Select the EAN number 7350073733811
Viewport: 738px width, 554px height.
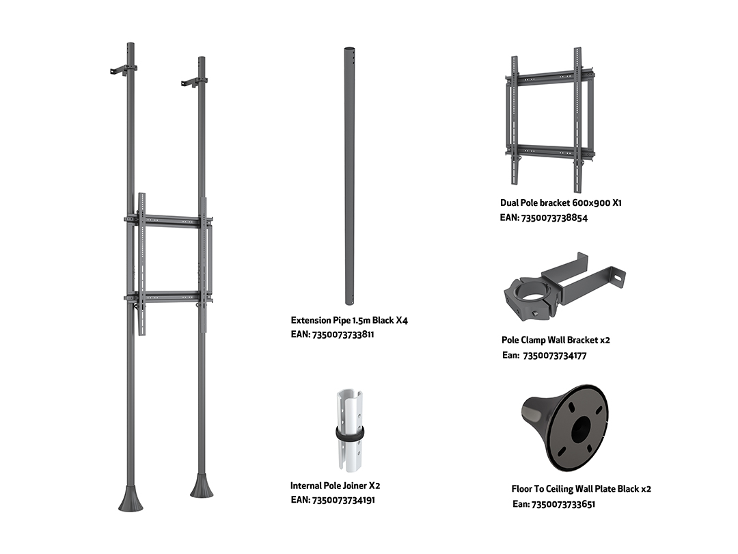pyautogui.click(x=343, y=335)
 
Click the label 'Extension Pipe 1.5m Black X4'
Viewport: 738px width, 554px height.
pyautogui.click(x=349, y=320)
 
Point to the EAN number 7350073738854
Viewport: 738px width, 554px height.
pyautogui.click(x=554, y=217)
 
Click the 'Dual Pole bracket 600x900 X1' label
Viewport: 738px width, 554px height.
pyautogui.click(x=560, y=203)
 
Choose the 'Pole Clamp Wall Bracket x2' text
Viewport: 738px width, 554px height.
pyautogui.click(x=556, y=340)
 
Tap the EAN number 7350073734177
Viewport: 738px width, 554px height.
pyautogui.click(x=554, y=356)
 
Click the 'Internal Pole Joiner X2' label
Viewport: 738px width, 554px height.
pyautogui.click(x=335, y=486)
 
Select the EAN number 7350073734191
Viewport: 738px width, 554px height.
pyautogui.click(x=344, y=500)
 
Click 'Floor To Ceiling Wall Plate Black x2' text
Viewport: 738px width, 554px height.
pyautogui.click(x=582, y=489)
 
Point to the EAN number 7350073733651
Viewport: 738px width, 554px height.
pyautogui.click(x=563, y=505)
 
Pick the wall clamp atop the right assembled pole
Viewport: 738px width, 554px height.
pyautogui.click(x=193, y=83)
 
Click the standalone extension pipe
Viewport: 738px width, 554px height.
pyautogui.click(x=349, y=176)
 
